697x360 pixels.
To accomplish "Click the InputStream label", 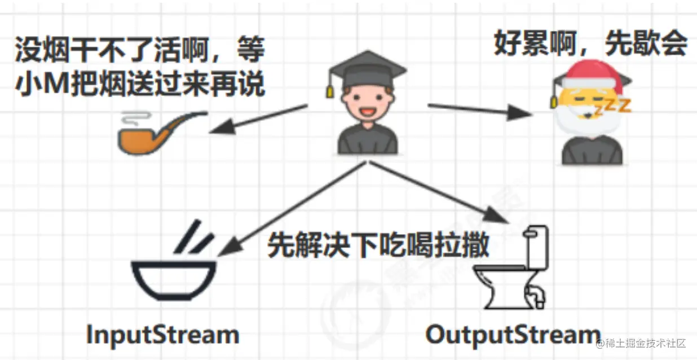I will tap(162, 335).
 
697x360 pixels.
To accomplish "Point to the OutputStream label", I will tap(512, 335).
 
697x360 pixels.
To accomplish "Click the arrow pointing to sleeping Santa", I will tap(479, 110).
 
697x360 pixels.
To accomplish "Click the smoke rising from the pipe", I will tap(131, 117).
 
